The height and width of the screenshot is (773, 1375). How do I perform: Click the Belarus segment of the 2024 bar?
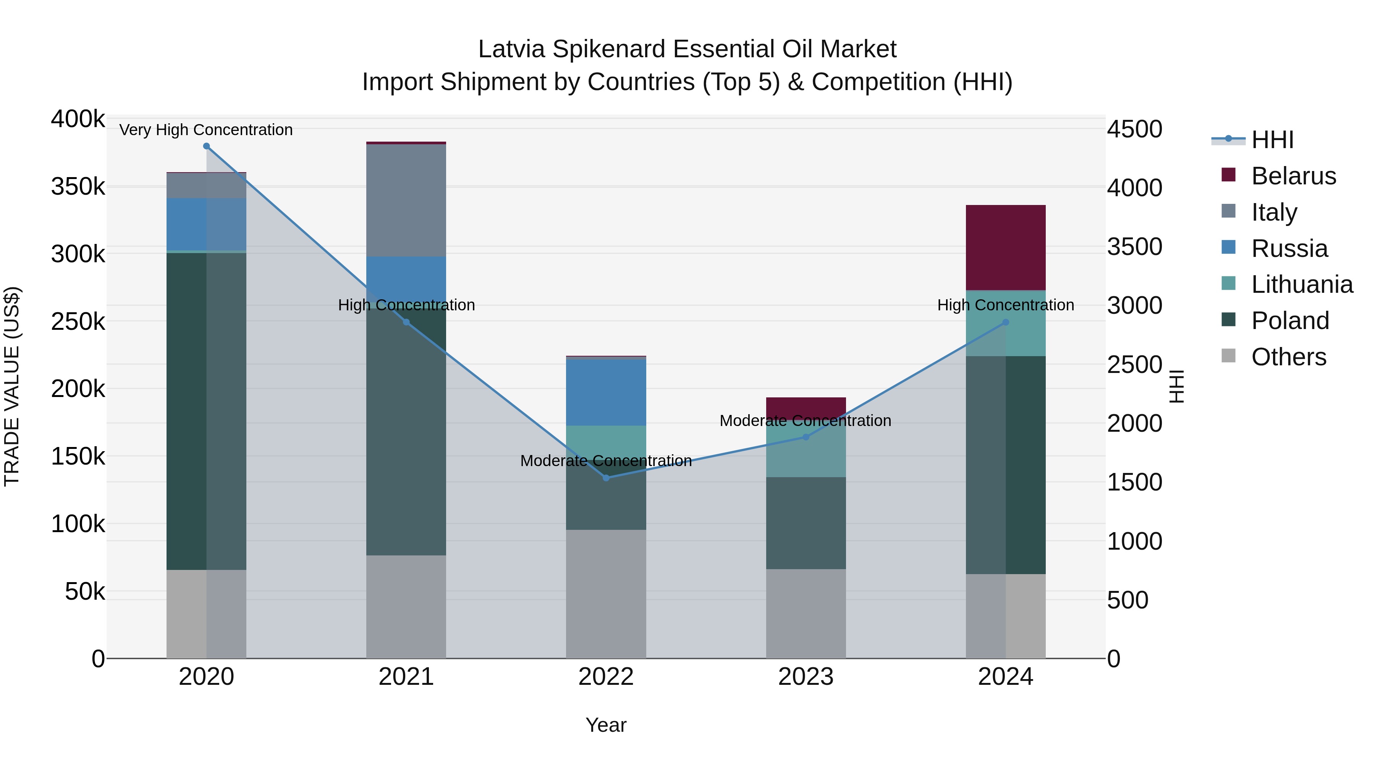pyautogui.click(x=1005, y=247)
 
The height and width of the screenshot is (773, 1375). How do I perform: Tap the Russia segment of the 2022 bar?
pyautogui.click(x=606, y=392)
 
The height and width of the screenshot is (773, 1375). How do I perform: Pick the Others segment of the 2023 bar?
pyautogui.click(x=806, y=613)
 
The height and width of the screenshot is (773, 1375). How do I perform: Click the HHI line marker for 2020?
pyautogui.click(x=207, y=146)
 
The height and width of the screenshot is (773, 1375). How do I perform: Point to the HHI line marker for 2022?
pyautogui.click(x=606, y=478)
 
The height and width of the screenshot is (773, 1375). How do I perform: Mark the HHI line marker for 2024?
pyautogui.click(x=1006, y=322)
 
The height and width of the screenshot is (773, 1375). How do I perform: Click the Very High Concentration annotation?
pyautogui.click(x=206, y=130)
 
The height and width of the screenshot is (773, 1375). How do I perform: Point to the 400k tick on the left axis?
pyautogui.click(x=78, y=119)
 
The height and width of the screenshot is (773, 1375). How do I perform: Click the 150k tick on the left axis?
pyautogui.click(x=78, y=457)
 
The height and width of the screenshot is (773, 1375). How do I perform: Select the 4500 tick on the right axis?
pyautogui.click(x=1134, y=130)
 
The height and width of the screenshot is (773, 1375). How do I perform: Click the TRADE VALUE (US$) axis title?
pyautogui.click(x=12, y=386)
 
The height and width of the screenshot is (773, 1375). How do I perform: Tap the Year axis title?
pyautogui.click(x=606, y=725)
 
